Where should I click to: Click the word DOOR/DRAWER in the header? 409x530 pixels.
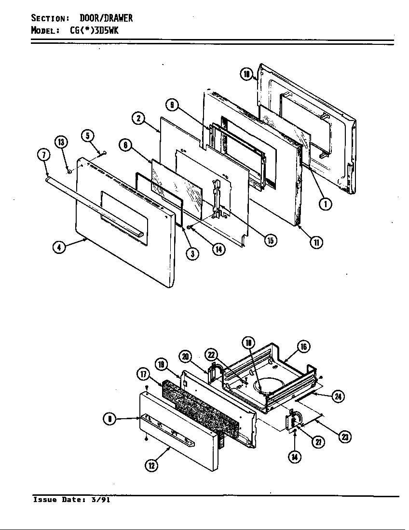pyautogui.click(x=106, y=18)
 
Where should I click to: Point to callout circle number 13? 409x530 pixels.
pyautogui.click(x=61, y=142)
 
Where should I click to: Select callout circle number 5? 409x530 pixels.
pyautogui.click(x=87, y=136)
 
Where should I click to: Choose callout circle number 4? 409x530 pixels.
pyautogui.click(x=59, y=248)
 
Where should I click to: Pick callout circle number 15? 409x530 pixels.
pyautogui.click(x=271, y=240)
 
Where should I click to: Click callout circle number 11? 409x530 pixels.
pyautogui.click(x=315, y=242)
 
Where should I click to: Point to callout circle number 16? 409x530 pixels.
pyautogui.click(x=303, y=346)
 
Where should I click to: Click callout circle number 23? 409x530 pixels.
pyautogui.click(x=344, y=437)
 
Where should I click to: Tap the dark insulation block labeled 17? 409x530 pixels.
pyautogui.click(x=198, y=405)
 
